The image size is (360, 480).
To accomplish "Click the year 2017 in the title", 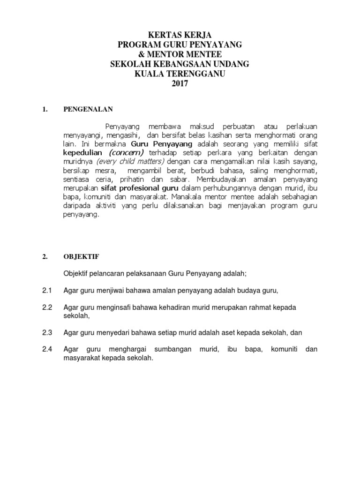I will (180, 84).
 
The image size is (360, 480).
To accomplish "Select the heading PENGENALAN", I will (89, 110).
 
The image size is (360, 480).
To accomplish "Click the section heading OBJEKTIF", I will (81, 257).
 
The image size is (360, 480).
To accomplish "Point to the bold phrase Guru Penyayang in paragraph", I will (162, 144).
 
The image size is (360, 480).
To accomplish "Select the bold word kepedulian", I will (84, 153).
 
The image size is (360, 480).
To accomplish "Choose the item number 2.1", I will (47, 291).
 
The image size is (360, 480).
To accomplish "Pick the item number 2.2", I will (47, 307).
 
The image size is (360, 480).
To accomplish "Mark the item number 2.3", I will (47, 332).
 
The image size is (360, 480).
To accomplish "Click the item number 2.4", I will (47, 349).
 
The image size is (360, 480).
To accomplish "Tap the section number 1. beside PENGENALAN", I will (45, 110).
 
